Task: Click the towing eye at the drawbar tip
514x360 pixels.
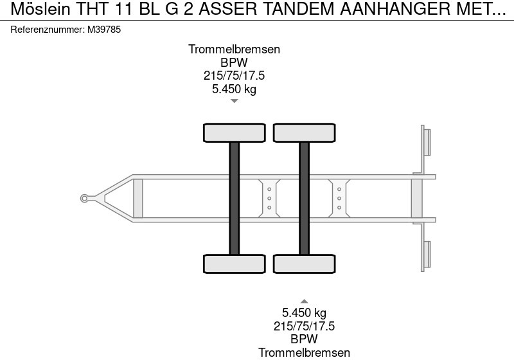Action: pos(84,198)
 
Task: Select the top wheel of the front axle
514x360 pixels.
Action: pos(235,132)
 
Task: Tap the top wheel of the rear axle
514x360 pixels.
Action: pos(304,132)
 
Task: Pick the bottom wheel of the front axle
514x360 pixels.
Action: pos(235,264)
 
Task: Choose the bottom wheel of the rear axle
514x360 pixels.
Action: pos(304,264)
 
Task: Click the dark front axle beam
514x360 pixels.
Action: pos(235,198)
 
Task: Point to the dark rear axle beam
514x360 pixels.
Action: pos(304,198)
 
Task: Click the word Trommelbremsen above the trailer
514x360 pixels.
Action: pos(234,50)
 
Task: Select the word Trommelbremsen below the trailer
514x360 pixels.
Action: pos(305,352)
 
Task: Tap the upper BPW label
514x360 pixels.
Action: pos(234,62)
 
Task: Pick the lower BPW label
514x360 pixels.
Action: pos(305,339)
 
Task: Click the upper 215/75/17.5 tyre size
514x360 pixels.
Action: pos(234,76)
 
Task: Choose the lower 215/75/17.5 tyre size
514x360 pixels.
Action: pos(305,326)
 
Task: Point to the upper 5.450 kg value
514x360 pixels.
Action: pos(234,89)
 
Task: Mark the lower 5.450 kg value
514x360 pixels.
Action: pos(305,313)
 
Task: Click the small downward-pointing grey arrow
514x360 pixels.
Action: pos(235,101)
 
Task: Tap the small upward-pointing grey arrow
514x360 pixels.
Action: pos(305,301)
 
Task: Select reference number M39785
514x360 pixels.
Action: pos(102,30)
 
